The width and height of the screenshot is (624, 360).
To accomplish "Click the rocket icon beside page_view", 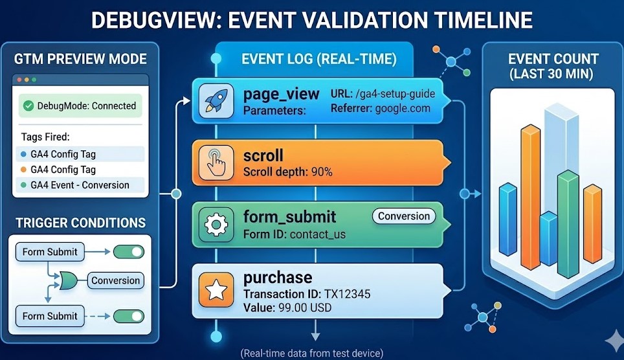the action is coord(216,101).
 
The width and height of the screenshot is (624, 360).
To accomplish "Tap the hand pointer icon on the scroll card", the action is coord(216,163).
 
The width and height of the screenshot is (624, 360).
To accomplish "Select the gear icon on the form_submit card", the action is coord(216,225).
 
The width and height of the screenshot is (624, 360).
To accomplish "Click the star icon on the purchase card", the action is coord(216,290).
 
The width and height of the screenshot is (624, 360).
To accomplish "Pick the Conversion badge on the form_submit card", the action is coord(404,216).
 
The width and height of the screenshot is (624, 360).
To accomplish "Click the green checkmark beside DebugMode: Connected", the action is coord(28,106).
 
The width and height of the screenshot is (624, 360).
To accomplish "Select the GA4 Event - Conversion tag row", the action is coord(80,185).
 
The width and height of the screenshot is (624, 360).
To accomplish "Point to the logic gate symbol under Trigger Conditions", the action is coord(69,280).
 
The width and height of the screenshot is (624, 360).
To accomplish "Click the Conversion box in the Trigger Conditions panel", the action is coord(115,280).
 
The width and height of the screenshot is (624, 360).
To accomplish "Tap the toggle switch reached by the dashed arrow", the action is coord(129,316).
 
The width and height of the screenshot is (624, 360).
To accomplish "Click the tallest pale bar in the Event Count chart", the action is coord(561,159).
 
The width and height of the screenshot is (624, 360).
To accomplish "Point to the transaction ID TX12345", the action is coord(347,294).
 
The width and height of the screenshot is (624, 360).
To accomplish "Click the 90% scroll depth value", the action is coord(322,172).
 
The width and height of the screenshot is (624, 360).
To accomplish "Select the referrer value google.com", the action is coord(403,108).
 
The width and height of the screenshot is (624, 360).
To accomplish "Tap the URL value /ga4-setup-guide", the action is coord(395,94).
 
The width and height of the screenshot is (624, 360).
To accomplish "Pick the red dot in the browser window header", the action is coord(19,80).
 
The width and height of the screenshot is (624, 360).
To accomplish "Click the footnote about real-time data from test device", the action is coord(312,353).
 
